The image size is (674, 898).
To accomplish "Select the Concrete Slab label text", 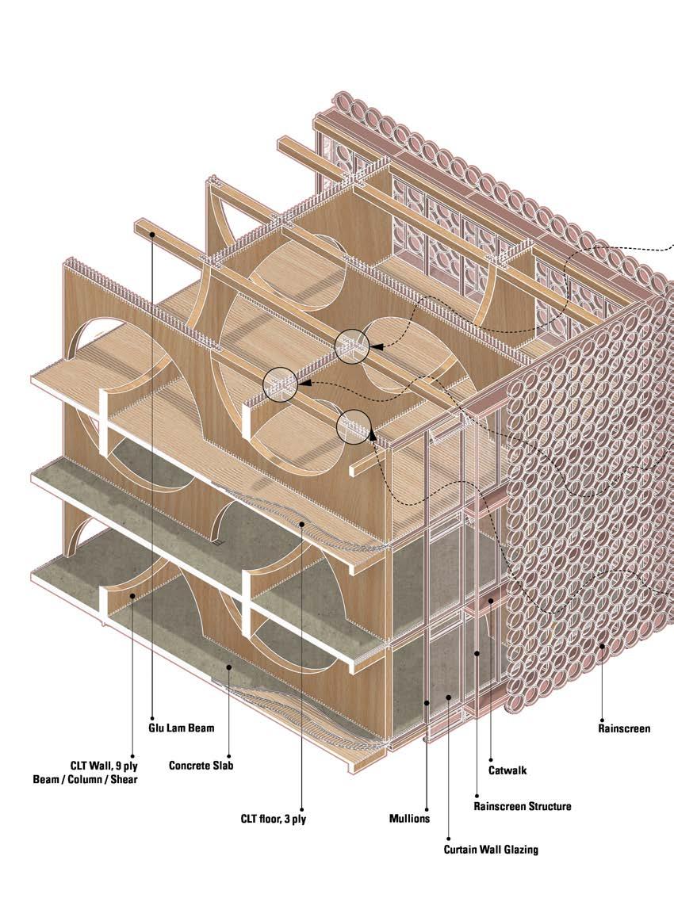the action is pyautogui.click(x=201, y=766).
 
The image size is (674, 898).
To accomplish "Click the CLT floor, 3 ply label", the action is pyautogui.click(x=274, y=819).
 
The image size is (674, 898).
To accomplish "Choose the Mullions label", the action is pyautogui.click(x=409, y=818).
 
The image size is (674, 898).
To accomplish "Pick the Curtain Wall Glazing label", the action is pyautogui.click(x=491, y=849).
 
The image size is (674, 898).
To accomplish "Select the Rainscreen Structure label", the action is pyautogui.click(x=522, y=806).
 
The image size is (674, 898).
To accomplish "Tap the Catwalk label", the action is pyautogui.click(x=507, y=769).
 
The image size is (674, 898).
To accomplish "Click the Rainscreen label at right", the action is pyautogui.click(x=624, y=728).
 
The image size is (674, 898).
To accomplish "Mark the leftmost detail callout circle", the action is pyautogui.click(x=280, y=384).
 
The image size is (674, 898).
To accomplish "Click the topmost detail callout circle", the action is pyautogui.click(x=352, y=346).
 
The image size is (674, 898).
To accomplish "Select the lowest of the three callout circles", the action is pyautogui.click(x=354, y=427).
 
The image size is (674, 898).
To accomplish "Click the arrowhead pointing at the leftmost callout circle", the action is pyautogui.click(x=302, y=384).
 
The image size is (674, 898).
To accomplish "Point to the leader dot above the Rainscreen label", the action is pyautogui.click(x=603, y=646).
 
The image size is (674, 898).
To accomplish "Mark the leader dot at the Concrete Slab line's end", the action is pyautogui.click(x=229, y=667).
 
